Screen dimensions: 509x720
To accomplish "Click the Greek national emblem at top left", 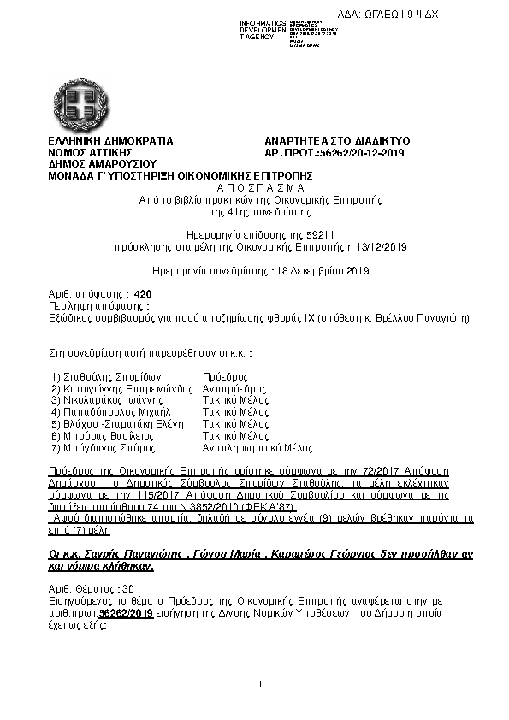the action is click(79, 102).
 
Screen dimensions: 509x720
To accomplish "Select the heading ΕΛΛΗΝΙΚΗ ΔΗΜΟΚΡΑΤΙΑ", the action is click(110, 140).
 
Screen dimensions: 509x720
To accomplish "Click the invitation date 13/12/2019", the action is click(384, 246).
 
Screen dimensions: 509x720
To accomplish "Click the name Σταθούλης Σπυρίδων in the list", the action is click(101, 376).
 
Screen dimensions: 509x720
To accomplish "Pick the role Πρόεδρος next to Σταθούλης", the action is click(225, 376).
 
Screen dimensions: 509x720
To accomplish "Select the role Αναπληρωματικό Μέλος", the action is click(257, 447).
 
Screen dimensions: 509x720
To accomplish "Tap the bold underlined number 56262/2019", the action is click(127, 614).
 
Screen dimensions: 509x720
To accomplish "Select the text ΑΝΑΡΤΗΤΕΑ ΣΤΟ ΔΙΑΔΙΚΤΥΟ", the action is click(338, 140).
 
